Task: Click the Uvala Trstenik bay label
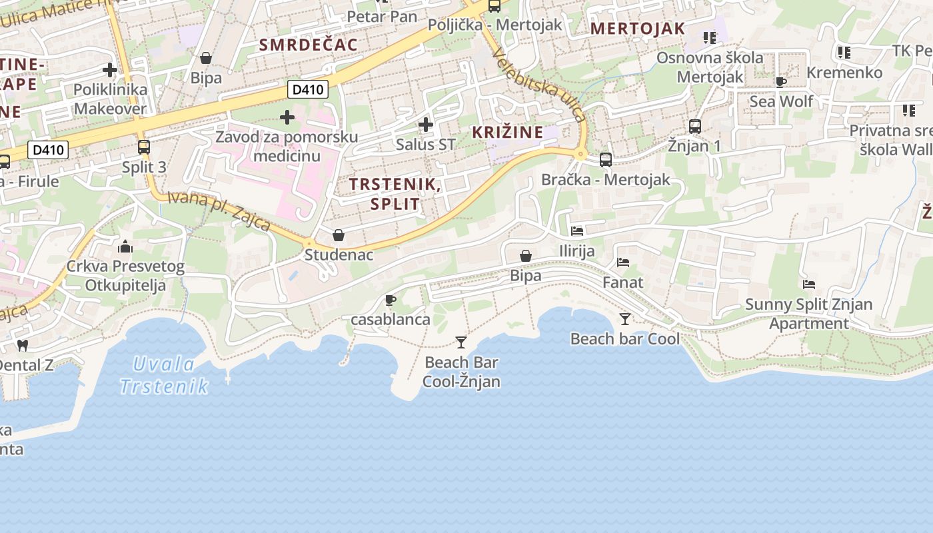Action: click(164, 375)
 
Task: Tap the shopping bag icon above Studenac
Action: click(339, 235)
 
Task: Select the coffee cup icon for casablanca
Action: click(391, 300)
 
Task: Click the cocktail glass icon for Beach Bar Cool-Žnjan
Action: click(461, 342)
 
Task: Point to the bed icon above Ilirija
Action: click(577, 231)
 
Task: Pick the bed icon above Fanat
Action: click(623, 263)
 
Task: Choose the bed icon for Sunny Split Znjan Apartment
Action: click(809, 284)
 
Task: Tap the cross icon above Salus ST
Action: click(426, 125)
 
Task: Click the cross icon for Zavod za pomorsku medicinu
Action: click(287, 118)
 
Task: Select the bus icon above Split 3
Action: click(144, 147)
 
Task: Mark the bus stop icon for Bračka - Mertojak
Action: click(606, 160)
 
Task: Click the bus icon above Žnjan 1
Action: click(695, 126)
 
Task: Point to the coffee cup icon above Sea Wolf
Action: click(781, 82)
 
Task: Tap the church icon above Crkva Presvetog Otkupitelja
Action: click(125, 247)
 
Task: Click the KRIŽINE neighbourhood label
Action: click(508, 132)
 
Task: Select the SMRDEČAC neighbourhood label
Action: click(309, 45)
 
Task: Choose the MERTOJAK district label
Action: click(638, 29)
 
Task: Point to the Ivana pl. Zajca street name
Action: click(219, 211)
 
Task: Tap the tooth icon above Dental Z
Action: click(22, 345)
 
